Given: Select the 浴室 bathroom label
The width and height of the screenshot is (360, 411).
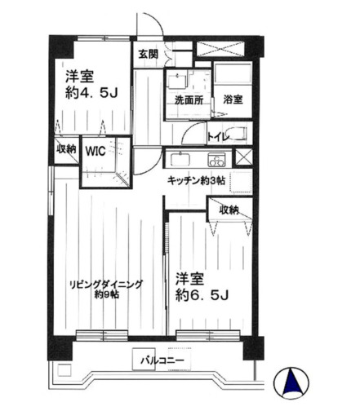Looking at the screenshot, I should [232, 99].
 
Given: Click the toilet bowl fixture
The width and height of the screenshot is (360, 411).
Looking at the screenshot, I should [236, 135].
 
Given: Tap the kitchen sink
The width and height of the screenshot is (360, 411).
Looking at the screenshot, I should [180, 158].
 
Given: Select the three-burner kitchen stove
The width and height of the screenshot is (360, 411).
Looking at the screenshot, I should [216, 158].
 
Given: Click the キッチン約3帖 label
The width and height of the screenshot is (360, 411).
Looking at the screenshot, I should [197, 179].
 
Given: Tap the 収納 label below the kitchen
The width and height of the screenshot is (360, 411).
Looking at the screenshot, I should [229, 210].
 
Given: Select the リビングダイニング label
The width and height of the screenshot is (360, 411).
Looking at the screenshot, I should [106, 284].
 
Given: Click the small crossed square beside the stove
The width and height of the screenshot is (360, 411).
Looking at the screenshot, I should [242, 158].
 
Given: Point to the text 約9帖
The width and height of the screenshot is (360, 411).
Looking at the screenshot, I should [106, 294].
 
